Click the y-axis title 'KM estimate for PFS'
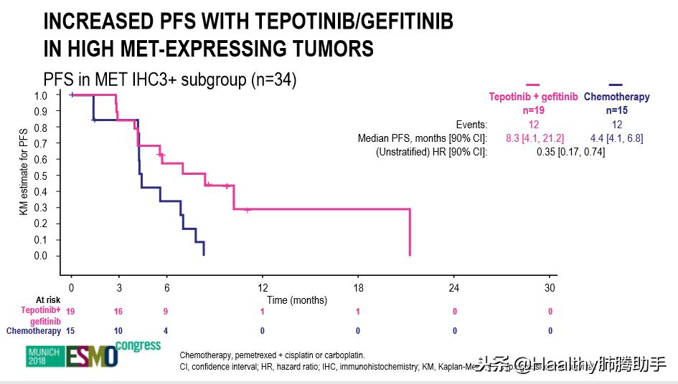pyautogui.click(x=23, y=175)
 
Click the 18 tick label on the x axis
pyautogui.click(x=359, y=288)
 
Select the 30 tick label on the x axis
pyautogui.click(x=550, y=288)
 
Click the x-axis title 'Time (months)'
pyautogui.click(x=297, y=300)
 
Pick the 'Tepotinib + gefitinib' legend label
pyautogui.click(x=533, y=97)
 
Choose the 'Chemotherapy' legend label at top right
pyautogui.click(x=616, y=97)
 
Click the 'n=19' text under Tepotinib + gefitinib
pyautogui.click(x=533, y=110)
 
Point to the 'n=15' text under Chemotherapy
pyautogui.click(x=617, y=110)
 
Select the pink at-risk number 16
pyautogui.click(x=118, y=312)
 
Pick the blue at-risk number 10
pyautogui.click(x=118, y=331)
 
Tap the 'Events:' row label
pyautogui.click(x=471, y=125)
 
